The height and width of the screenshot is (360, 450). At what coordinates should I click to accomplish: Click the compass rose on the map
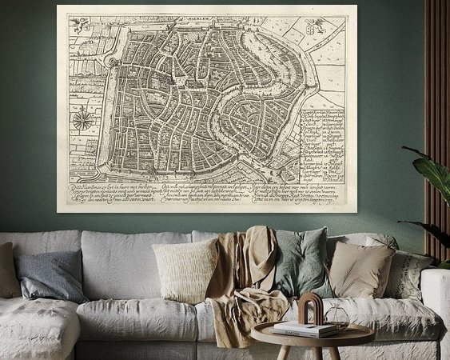(82, 121)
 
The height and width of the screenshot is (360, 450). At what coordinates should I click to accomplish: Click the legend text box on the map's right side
(327, 144)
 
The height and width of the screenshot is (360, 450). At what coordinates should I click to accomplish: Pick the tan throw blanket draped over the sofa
(244, 280)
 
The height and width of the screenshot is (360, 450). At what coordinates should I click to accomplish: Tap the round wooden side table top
(313, 337)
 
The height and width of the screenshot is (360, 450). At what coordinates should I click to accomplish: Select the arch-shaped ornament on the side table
(310, 308)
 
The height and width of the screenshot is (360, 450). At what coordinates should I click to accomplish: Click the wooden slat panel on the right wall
(436, 96)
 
